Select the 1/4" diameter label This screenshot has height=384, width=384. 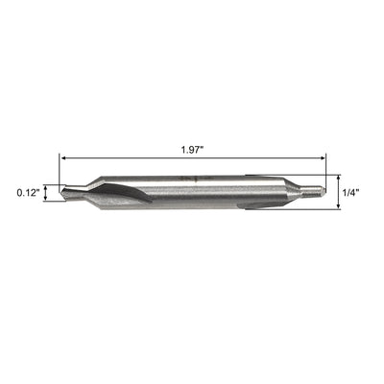coord(352,192)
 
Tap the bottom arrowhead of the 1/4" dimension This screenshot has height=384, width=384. coord(339,208)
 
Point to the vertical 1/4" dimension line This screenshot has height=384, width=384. coord(339,192)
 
